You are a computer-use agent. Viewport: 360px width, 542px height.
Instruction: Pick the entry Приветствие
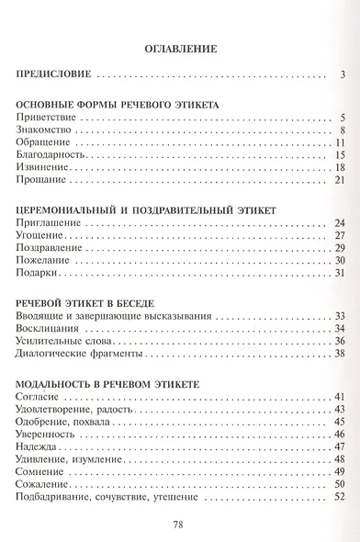coord(46,120)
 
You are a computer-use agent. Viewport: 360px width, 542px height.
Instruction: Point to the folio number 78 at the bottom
coord(180,526)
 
